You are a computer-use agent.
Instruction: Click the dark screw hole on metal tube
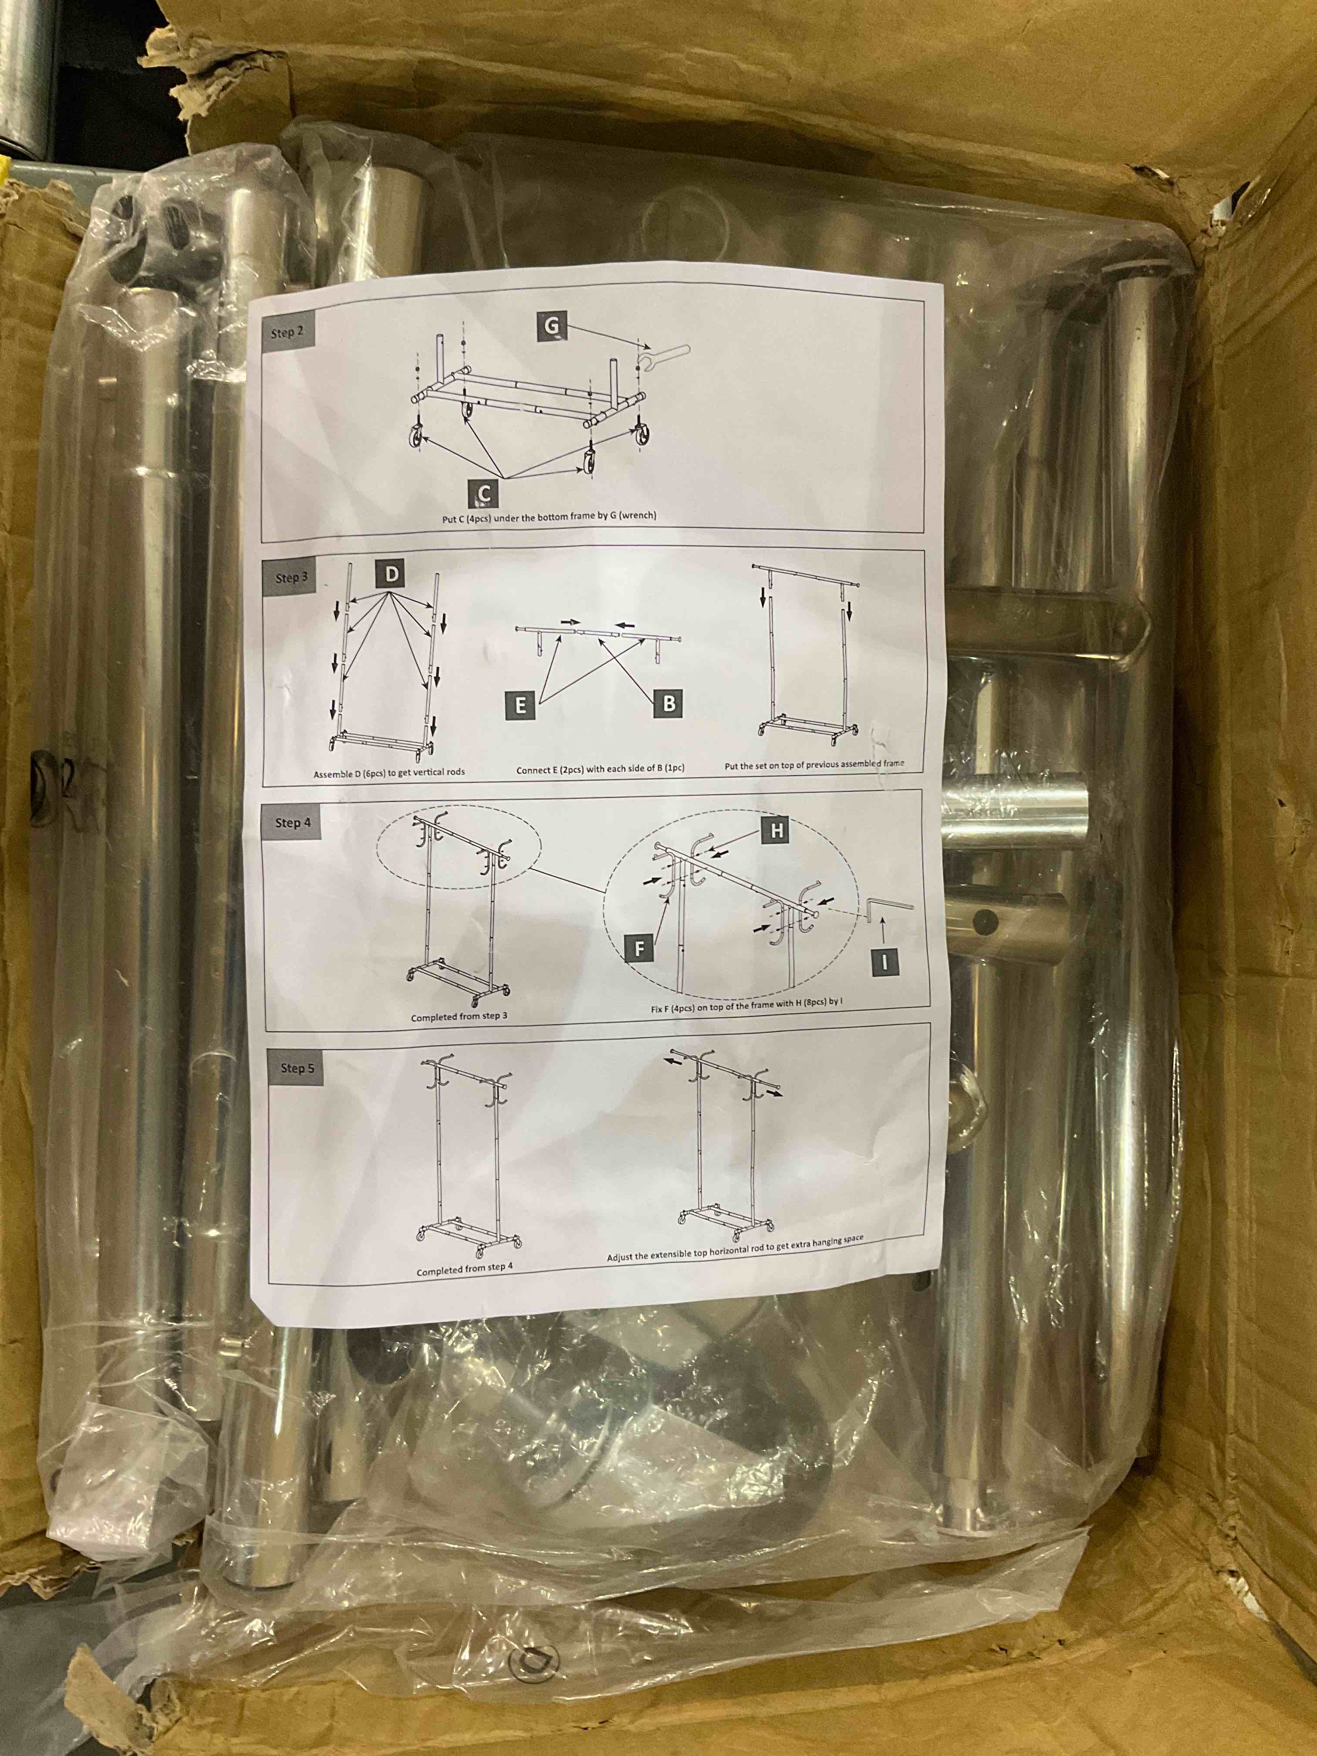[x=986, y=920]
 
